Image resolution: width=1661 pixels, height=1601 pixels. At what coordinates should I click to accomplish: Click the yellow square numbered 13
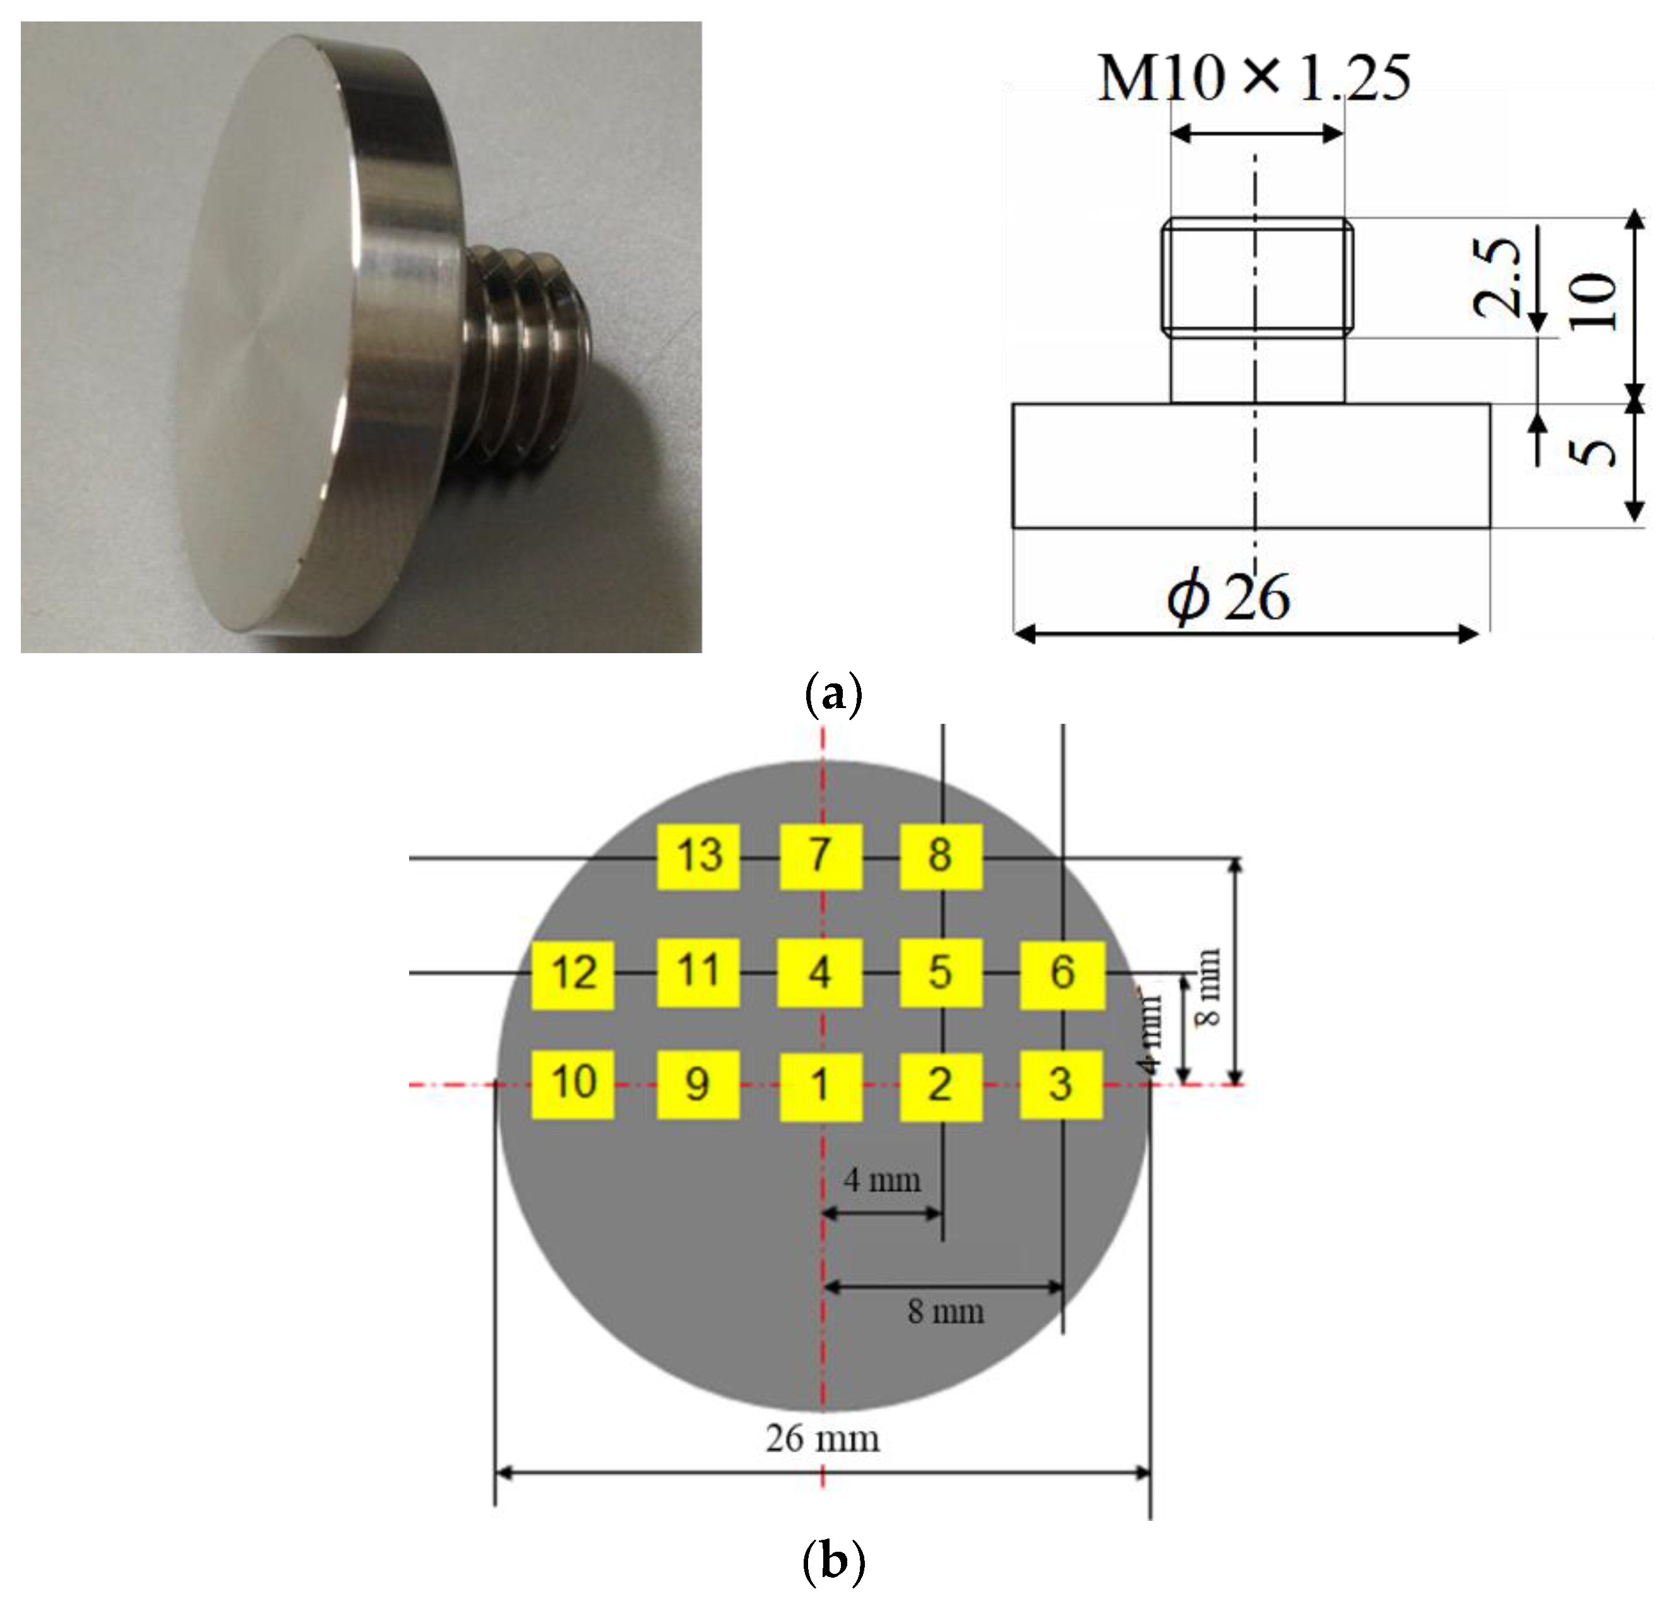(x=699, y=856)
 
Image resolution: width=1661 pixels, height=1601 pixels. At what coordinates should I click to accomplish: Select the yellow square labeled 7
(x=820, y=856)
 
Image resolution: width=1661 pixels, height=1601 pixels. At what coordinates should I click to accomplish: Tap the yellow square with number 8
(x=941, y=856)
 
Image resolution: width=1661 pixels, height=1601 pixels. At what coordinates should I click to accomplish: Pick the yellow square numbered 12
(x=573, y=974)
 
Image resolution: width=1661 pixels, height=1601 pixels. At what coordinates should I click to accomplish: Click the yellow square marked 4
(x=820, y=973)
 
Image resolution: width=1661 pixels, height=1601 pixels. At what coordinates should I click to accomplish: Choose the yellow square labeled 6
(x=1062, y=974)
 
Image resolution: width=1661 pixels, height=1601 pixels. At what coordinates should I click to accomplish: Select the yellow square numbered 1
(x=820, y=1087)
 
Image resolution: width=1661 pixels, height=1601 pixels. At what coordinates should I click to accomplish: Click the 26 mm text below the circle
(x=822, y=1438)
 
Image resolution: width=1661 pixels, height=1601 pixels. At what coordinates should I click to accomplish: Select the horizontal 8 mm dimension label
(x=946, y=1312)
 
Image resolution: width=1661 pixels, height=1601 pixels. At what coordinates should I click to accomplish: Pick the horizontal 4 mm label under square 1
(x=882, y=1180)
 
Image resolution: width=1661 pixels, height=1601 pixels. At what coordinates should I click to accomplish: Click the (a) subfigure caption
(x=832, y=695)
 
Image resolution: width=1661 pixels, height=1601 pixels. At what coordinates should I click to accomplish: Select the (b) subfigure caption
(x=832, y=1561)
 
